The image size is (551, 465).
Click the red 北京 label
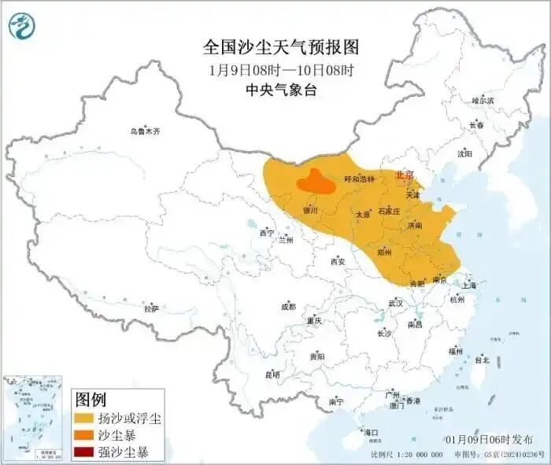(x=403, y=175)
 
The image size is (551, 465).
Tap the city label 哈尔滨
(x=483, y=101)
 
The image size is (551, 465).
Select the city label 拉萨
(x=151, y=309)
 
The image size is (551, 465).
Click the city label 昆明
(x=272, y=374)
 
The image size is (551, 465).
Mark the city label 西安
(x=338, y=261)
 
